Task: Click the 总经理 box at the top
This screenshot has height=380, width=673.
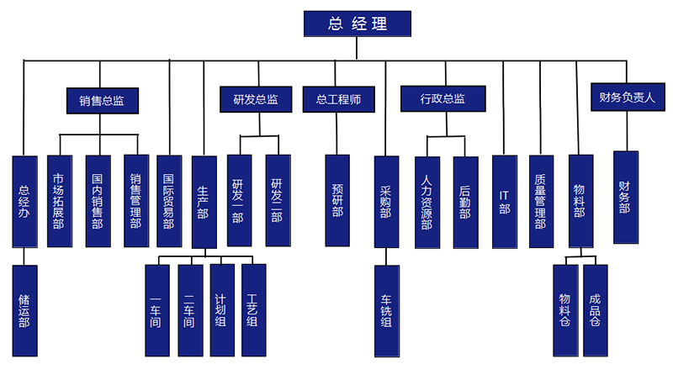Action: (x=358, y=24)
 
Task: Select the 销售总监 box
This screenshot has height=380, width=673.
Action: (x=102, y=100)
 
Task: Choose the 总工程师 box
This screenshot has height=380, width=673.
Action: (x=338, y=99)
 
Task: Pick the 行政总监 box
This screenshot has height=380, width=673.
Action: (x=442, y=99)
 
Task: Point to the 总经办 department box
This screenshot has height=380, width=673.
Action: (x=24, y=201)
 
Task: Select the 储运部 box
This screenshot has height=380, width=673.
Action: (x=24, y=309)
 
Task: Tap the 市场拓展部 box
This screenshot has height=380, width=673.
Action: (x=59, y=201)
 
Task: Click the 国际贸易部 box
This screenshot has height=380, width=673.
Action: (x=168, y=201)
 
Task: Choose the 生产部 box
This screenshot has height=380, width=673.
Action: (x=204, y=201)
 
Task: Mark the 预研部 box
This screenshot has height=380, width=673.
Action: (x=338, y=201)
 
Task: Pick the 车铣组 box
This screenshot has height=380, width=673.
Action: (x=386, y=309)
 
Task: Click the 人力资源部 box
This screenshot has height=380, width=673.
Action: (x=427, y=202)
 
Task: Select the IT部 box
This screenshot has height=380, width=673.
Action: (x=504, y=201)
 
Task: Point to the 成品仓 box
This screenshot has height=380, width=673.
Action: (x=595, y=309)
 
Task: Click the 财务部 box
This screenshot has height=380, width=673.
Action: (x=625, y=197)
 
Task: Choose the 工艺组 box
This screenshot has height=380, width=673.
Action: (x=253, y=309)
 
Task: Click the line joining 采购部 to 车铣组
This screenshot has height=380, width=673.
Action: (x=386, y=256)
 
